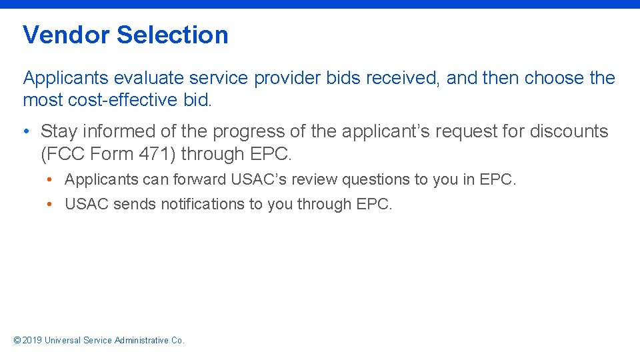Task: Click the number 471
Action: (159, 154)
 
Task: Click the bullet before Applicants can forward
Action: (51, 180)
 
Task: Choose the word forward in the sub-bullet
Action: (199, 180)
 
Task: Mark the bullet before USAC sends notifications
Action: (51, 204)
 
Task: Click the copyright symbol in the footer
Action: (17, 340)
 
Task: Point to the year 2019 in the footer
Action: (32, 340)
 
